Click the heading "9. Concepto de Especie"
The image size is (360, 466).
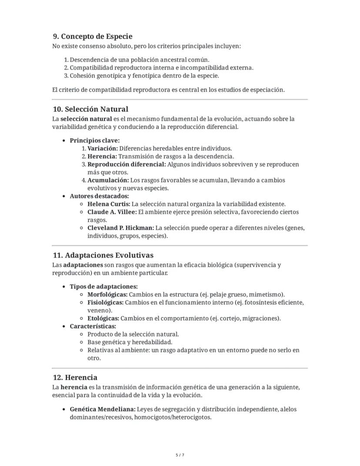(92, 37)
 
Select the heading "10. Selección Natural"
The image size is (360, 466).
(90, 109)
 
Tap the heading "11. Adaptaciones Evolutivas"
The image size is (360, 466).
(103, 255)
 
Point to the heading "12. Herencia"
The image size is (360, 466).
(75, 377)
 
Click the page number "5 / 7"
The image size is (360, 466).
(180, 455)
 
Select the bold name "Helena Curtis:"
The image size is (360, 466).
(109, 204)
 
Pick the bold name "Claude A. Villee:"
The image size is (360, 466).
(112, 212)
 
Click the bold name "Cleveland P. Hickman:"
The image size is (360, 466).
(120, 228)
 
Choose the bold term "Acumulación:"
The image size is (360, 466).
(108, 180)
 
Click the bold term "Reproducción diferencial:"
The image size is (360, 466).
(127, 164)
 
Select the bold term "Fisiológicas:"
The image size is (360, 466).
(106, 302)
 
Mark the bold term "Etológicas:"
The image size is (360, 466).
(103, 318)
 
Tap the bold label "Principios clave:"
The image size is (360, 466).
(94, 141)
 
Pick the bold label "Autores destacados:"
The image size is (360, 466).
(99, 196)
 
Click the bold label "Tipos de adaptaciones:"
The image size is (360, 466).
(103, 286)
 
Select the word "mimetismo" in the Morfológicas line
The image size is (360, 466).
(267, 295)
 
